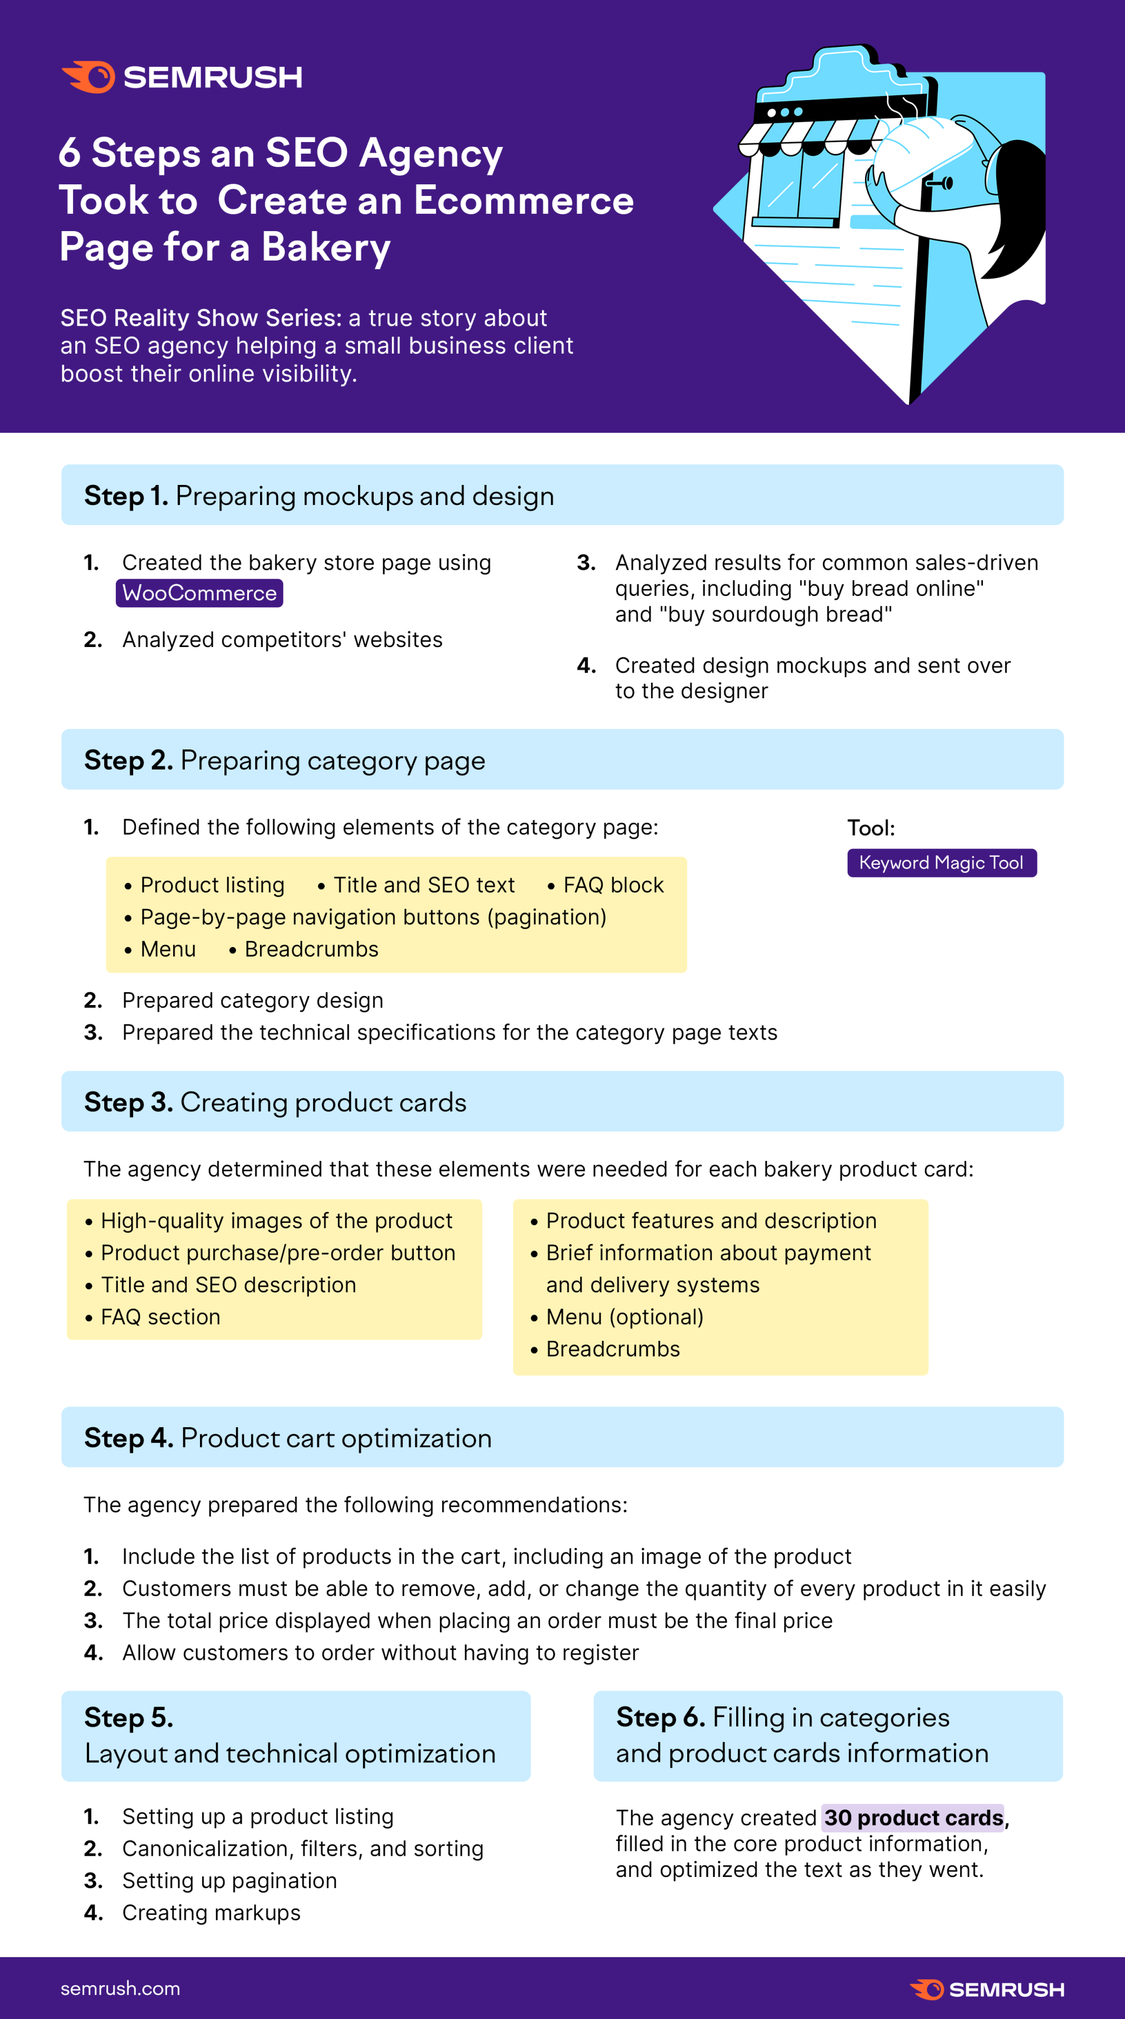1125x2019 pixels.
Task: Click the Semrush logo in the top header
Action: coord(182,77)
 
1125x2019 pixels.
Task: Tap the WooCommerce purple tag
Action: coord(199,594)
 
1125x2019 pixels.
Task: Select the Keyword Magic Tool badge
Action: coord(942,863)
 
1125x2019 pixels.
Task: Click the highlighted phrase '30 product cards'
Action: coord(913,1817)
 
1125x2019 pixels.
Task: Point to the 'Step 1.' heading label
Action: coord(125,496)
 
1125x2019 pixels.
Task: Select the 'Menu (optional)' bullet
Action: coord(624,1317)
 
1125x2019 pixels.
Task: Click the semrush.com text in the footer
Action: coord(120,1988)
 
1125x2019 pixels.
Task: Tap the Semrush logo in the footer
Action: coord(986,1989)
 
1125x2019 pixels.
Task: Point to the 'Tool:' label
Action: coord(871,829)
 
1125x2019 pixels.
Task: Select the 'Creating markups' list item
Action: coord(211,1913)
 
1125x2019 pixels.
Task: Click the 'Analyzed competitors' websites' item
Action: coord(282,640)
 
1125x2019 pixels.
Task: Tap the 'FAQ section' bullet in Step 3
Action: coord(160,1317)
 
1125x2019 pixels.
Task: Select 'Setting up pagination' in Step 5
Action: coord(229,1880)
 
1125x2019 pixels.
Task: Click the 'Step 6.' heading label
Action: coord(660,1717)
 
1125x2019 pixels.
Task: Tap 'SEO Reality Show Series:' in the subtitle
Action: coord(200,318)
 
